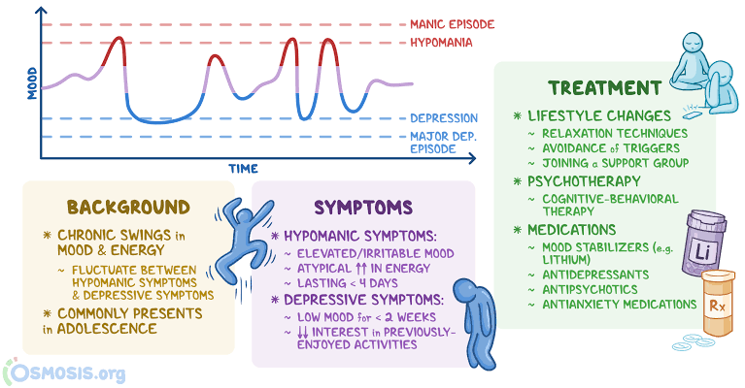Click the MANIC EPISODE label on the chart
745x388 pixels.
click(x=451, y=23)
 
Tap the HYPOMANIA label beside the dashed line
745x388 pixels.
click(x=441, y=43)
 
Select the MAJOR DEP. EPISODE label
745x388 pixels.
click(x=444, y=142)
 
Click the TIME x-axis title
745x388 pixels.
click(x=243, y=168)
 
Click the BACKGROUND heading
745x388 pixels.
click(x=127, y=207)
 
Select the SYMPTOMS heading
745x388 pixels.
click(x=363, y=207)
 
